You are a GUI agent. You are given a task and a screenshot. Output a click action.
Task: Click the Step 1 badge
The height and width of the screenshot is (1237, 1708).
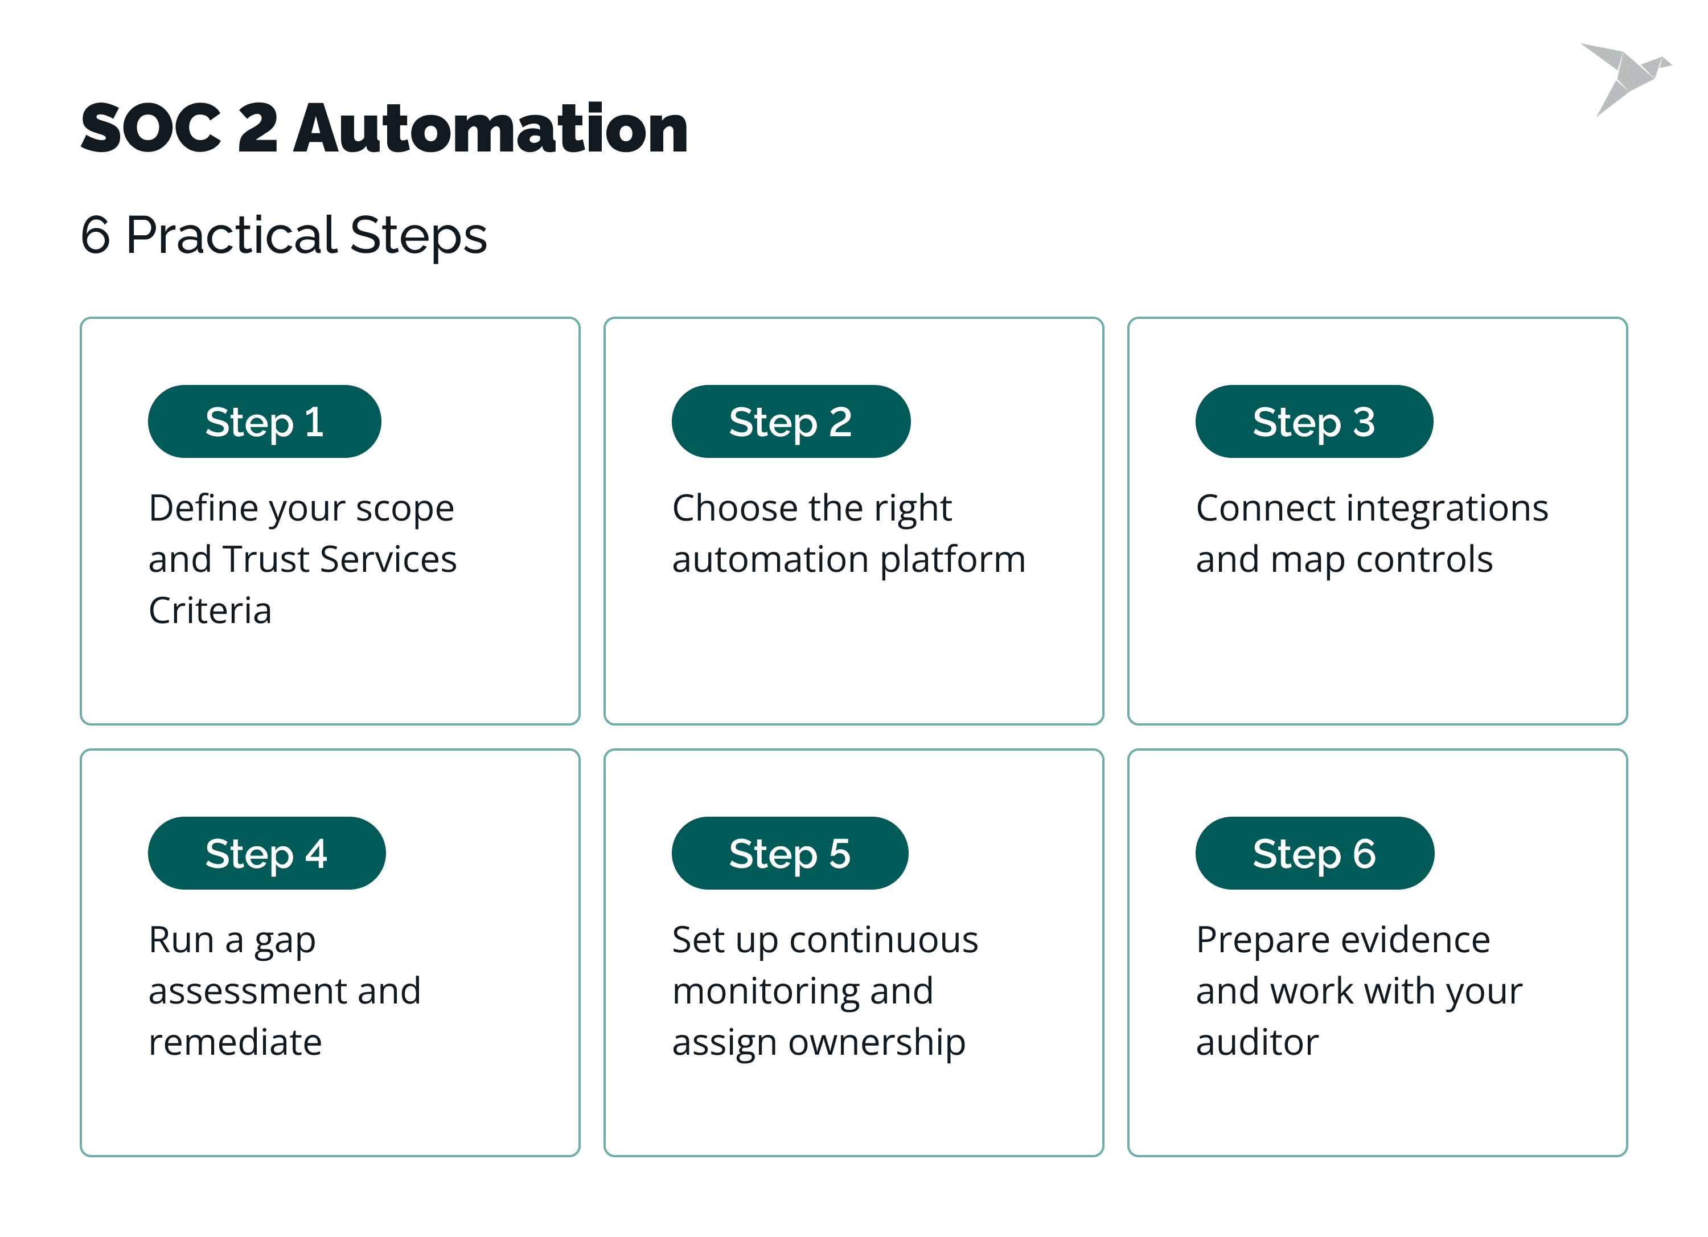point(264,421)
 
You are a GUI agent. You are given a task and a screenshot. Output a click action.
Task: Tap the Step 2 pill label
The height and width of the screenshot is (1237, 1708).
point(791,421)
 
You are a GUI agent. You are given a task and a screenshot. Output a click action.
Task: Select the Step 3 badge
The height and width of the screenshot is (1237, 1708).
point(1314,421)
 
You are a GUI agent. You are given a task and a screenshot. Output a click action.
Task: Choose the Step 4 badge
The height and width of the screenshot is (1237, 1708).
point(266,853)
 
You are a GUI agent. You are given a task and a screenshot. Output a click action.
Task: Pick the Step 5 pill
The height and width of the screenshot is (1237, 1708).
point(790,853)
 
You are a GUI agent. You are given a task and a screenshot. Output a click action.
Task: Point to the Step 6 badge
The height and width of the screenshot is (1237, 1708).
point(1315,853)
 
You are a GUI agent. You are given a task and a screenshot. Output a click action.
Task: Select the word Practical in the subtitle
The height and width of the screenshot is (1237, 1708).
point(231,235)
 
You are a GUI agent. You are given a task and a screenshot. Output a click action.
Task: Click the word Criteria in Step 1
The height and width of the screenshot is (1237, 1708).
point(210,610)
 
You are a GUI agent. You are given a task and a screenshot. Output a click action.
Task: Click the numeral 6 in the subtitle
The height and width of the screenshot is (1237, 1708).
point(96,235)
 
